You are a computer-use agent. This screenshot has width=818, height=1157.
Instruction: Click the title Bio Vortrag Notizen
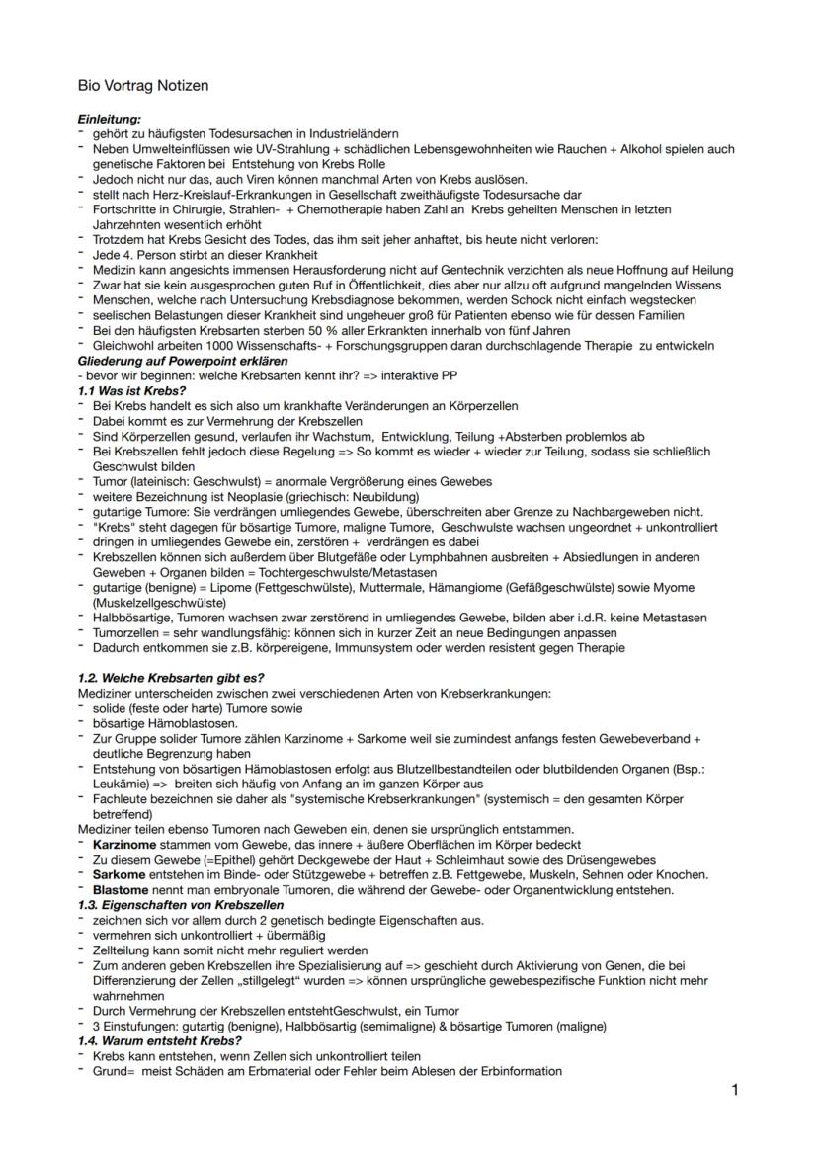click(143, 86)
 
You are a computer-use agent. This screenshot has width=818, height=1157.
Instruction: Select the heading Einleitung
click(110, 120)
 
